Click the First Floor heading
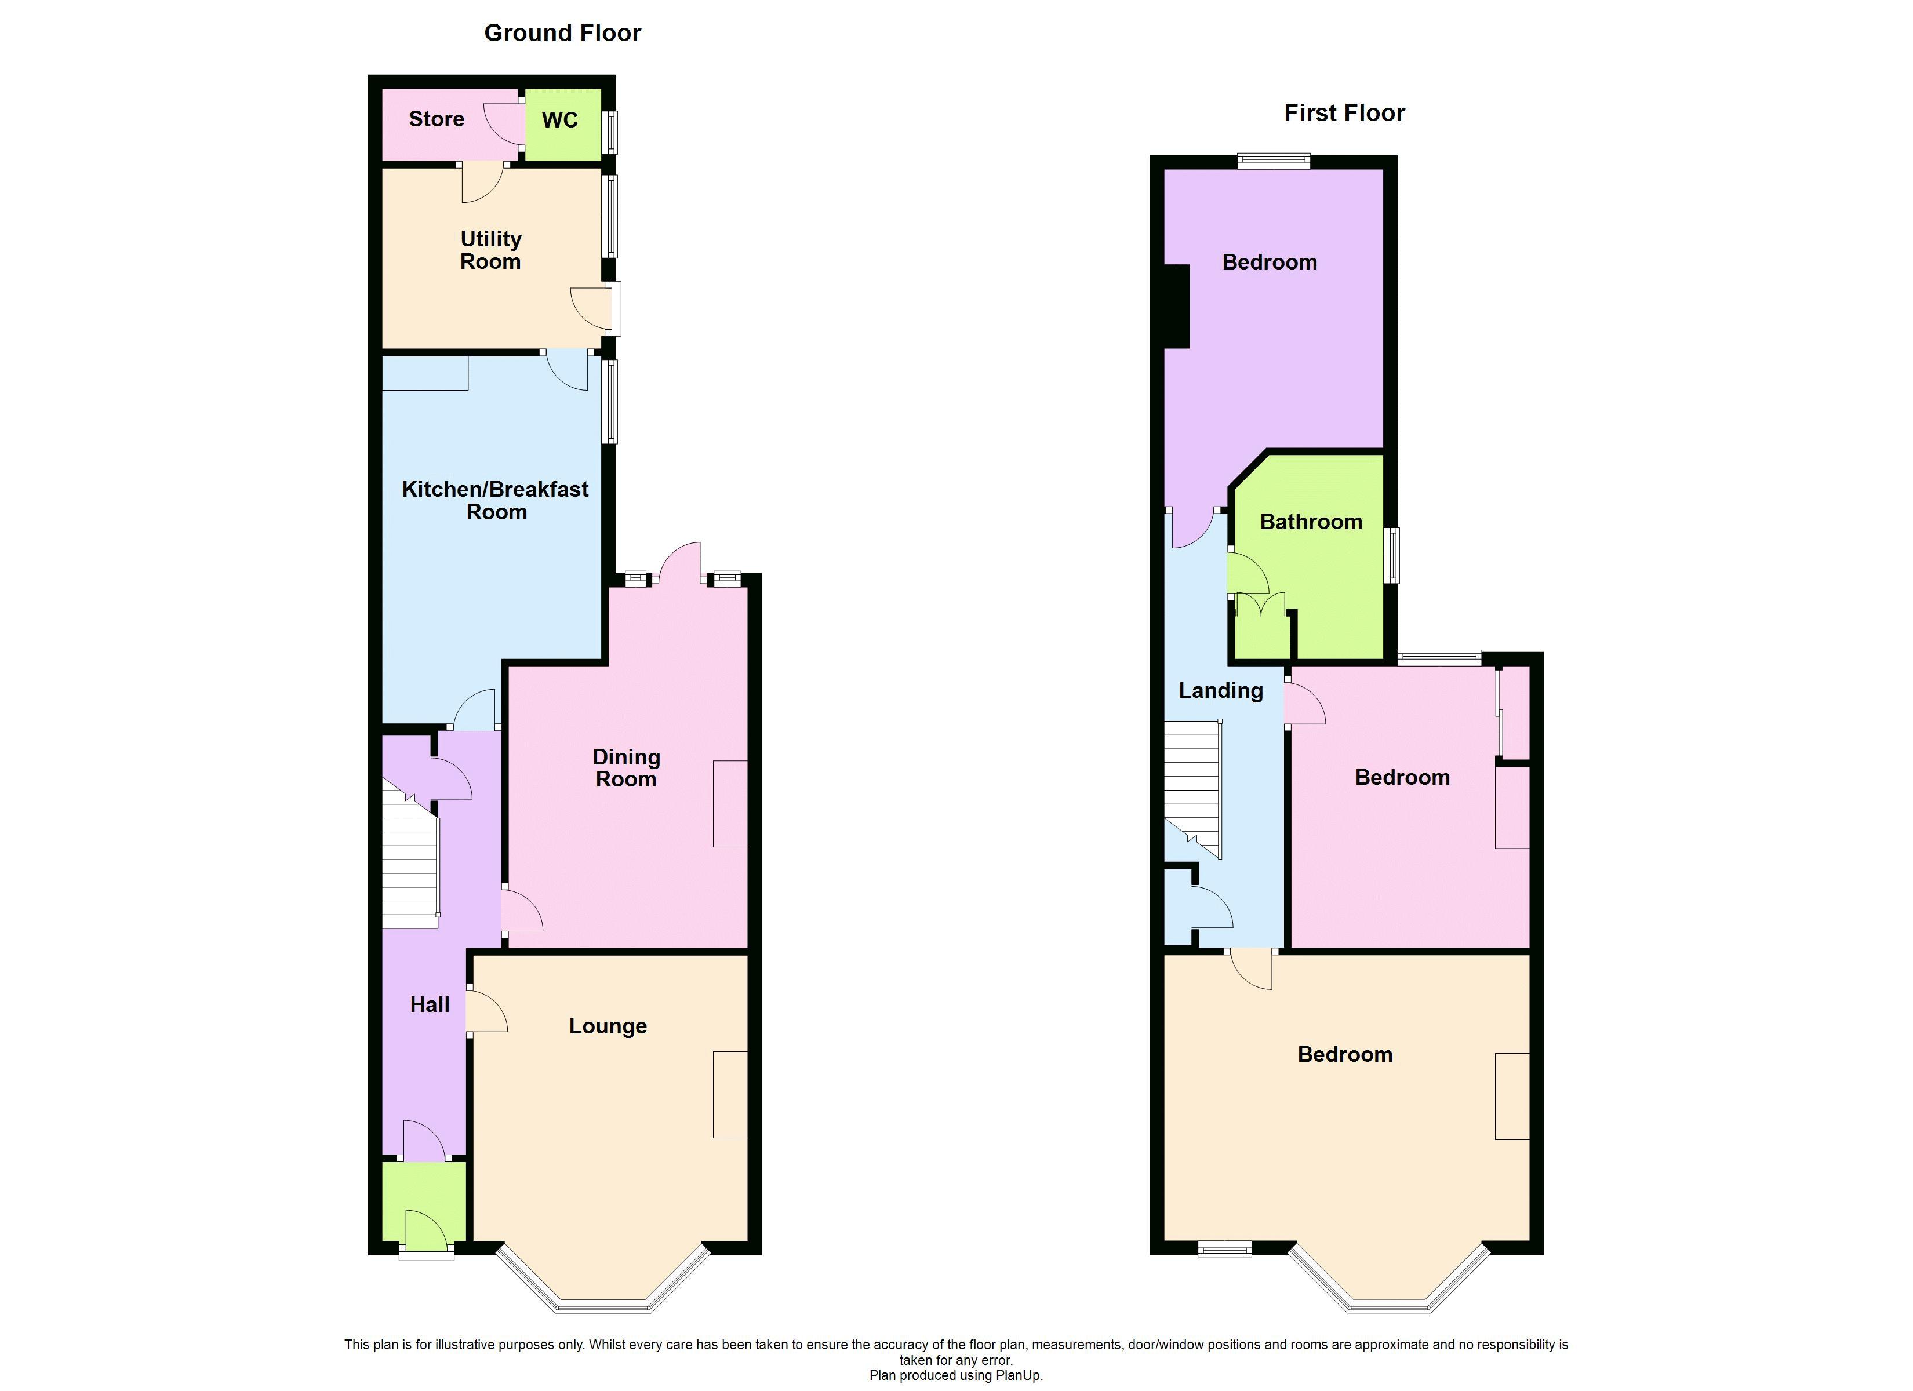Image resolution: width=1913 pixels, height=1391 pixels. [x=1344, y=113]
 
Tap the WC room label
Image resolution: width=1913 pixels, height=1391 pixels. [x=559, y=120]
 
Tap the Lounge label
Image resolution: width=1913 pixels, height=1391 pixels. [x=608, y=1026]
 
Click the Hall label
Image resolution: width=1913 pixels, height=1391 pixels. [x=430, y=1004]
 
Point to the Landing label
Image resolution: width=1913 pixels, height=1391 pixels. [x=1220, y=690]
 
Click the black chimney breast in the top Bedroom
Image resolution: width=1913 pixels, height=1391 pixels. [x=1177, y=306]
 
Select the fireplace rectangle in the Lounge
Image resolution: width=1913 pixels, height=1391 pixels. [x=730, y=1094]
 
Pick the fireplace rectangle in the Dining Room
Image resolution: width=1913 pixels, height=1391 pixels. [x=730, y=803]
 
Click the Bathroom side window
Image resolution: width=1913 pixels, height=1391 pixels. [x=1394, y=555]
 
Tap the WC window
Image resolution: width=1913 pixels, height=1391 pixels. [x=610, y=133]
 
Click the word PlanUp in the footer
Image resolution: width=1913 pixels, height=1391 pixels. [x=1021, y=1375]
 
